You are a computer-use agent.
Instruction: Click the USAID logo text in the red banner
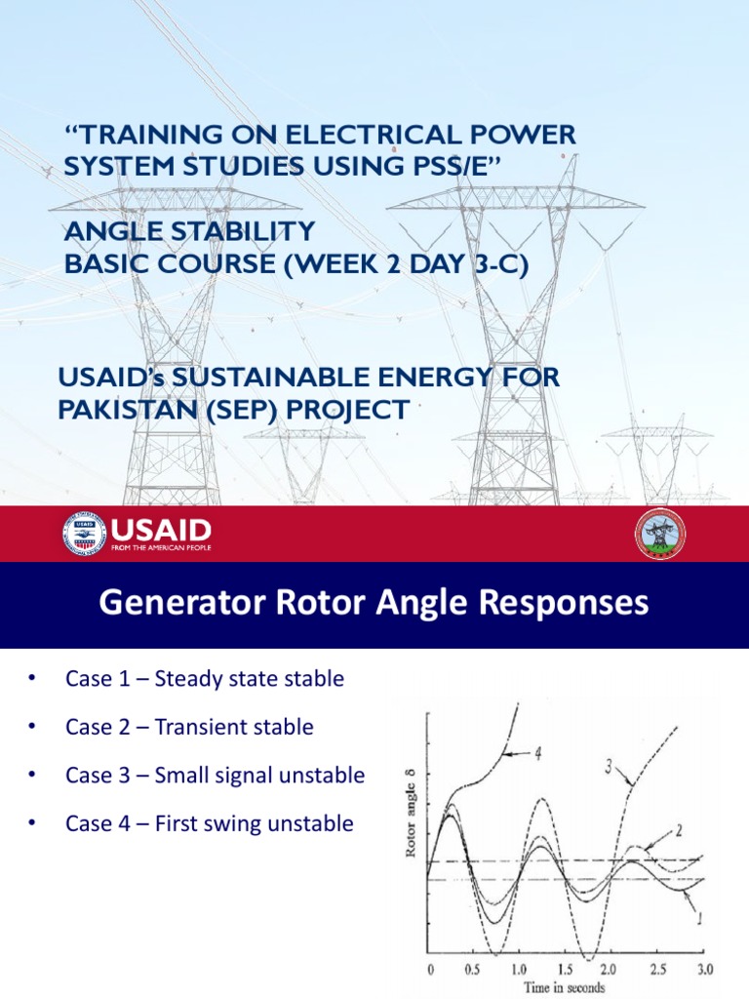coord(162,532)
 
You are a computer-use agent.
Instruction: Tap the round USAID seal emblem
coord(85,534)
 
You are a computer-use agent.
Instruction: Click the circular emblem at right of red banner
coord(660,534)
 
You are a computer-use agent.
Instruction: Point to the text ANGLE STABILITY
coord(189,231)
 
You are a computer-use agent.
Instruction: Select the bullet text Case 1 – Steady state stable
coord(205,678)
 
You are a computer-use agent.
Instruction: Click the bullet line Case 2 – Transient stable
coord(189,727)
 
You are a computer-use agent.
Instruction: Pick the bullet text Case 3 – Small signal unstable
coord(215,776)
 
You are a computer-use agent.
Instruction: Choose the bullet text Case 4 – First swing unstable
coord(209,824)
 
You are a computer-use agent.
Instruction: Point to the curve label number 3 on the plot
coord(610,768)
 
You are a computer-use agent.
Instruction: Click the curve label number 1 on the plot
coord(699,918)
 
